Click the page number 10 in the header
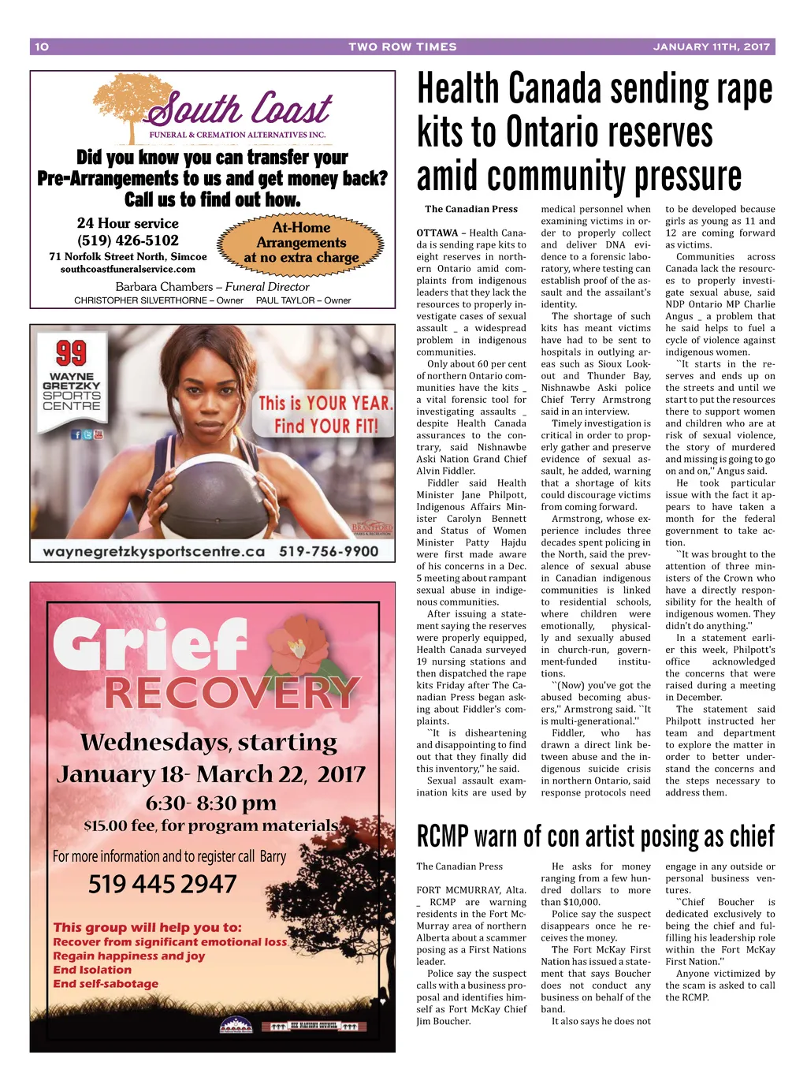pos(42,47)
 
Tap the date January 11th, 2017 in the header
pos(711,47)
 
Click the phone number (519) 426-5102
pos(128,240)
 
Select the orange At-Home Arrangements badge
pos(301,242)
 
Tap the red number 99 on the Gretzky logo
pos(71,353)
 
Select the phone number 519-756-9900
pos(329,551)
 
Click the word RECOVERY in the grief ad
pos(232,693)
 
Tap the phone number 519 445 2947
pos(162,884)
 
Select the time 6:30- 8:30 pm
pos(210,803)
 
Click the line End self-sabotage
pos(106,984)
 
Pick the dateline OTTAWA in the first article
pos(437,233)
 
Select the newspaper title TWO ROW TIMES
pos(402,47)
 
